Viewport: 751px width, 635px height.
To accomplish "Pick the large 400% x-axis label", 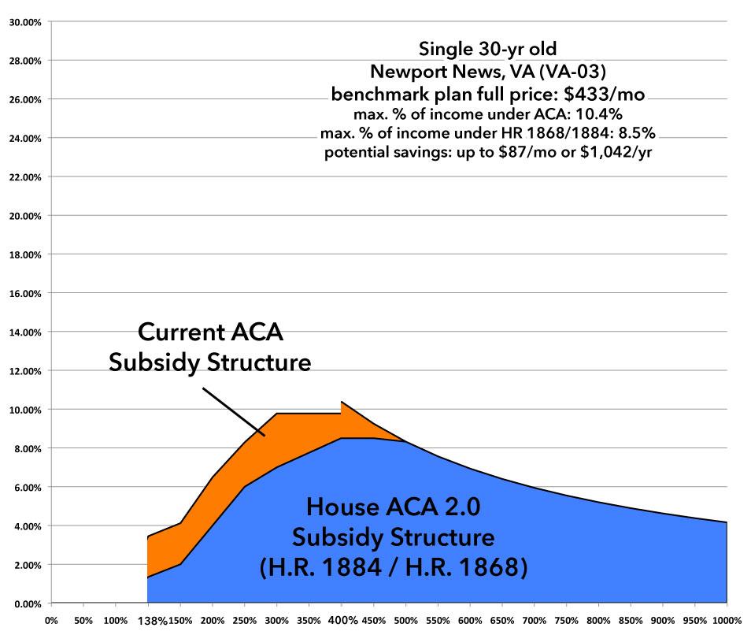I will coord(342,620).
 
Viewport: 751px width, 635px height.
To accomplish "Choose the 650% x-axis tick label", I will coord(503,620).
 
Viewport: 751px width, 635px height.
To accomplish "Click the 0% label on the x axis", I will coord(51,620).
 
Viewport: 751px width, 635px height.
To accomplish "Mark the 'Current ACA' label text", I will coord(210,332).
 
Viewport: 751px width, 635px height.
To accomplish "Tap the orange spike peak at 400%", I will coord(342,403).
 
